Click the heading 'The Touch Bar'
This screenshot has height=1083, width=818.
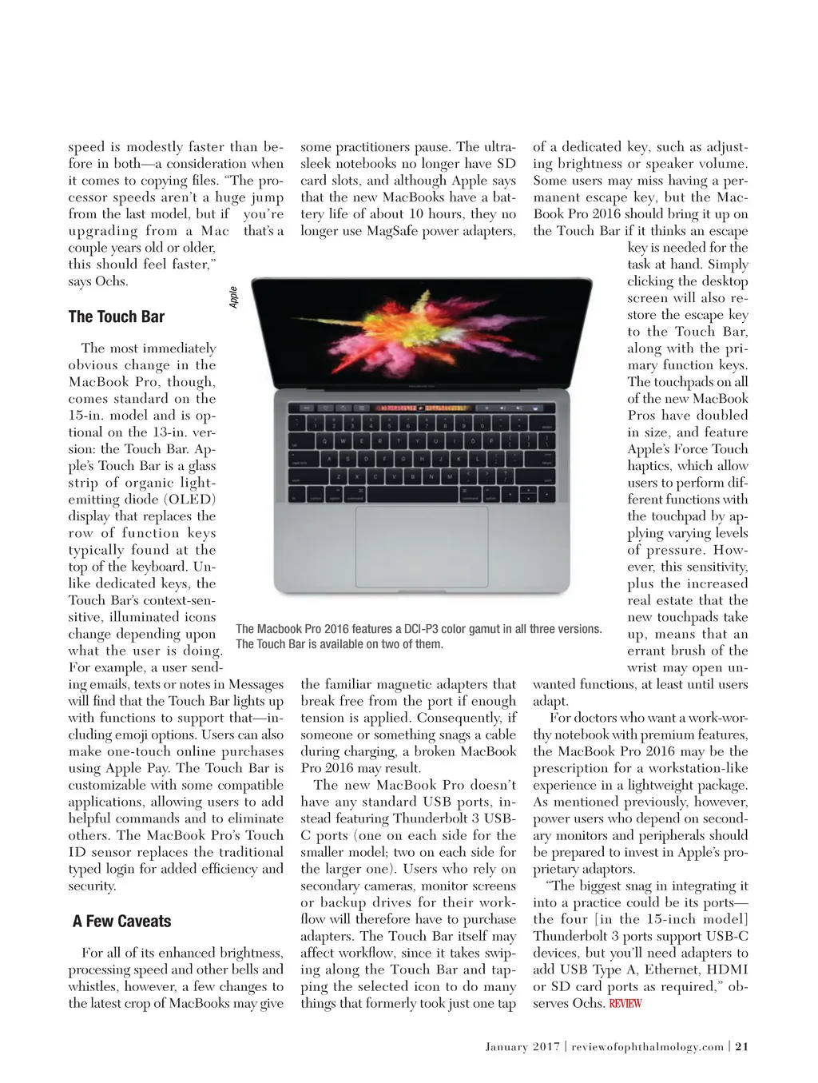(117, 317)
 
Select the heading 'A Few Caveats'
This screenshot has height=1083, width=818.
(121, 922)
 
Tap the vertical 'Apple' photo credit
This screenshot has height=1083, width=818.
(233, 297)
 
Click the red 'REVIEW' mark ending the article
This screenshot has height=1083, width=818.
(625, 1004)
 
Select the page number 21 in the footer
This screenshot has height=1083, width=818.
(742, 1046)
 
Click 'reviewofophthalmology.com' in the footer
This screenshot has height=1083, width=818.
(648, 1046)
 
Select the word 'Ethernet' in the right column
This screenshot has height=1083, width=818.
(665, 970)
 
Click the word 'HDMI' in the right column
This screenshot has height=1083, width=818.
(727, 970)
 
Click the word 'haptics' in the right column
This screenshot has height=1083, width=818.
(649, 466)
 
